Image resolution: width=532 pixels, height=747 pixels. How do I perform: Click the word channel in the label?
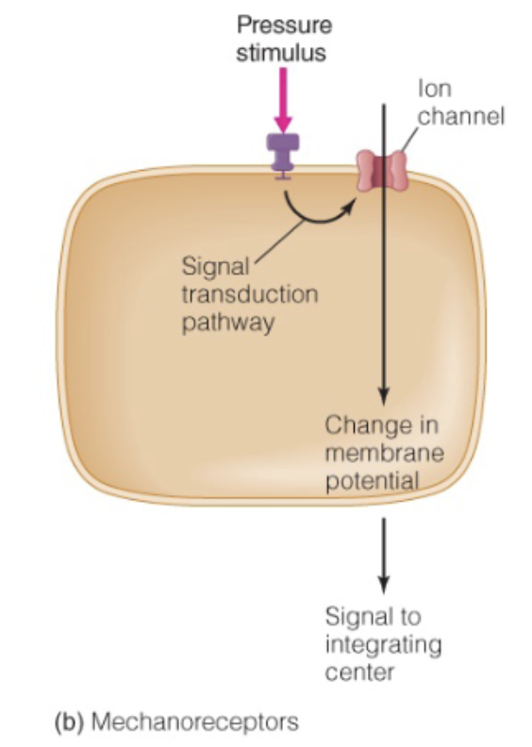pos(462,117)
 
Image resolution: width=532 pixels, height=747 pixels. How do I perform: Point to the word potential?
pos(371,481)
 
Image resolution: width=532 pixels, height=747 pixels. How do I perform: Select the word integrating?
pos(383,647)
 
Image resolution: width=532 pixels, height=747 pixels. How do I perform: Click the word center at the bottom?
pos(356,673)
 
